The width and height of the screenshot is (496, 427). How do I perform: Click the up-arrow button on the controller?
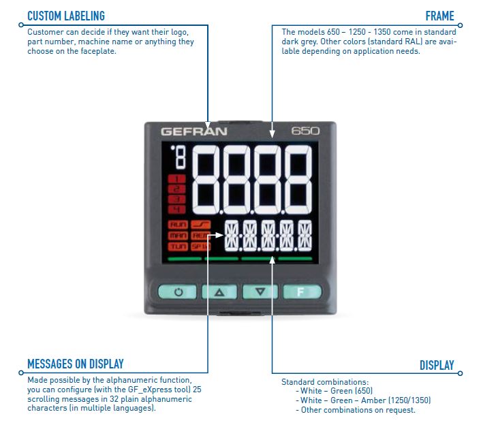(x=219, y=292)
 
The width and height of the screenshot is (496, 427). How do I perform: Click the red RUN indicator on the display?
(x=178, y=224)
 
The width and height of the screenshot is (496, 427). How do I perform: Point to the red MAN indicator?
(x=178, y=235)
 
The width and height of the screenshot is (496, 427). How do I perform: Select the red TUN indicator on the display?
(x=178, y=246)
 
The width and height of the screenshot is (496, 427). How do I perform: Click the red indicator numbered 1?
(x=177, y=179)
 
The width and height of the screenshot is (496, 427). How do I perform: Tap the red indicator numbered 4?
(x=177, y=208)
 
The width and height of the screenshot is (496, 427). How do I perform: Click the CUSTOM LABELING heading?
(x=66, y=16)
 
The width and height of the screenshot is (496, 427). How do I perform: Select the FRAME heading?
(x=439, y=16)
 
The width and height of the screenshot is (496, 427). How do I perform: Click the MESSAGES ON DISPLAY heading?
(x=76, y=364)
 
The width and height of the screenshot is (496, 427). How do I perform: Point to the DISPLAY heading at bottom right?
(x=437, y=366)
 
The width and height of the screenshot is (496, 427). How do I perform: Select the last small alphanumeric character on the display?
(x=305, y=236)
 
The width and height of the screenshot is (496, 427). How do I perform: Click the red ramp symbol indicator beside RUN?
(x=201, y=224)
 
